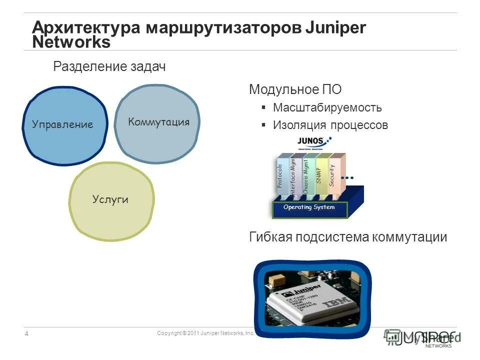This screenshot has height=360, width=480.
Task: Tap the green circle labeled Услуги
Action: click(110, 199)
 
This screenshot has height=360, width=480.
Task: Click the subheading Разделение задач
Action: click(109, 66)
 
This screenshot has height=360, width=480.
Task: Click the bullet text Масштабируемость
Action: click(327, 107)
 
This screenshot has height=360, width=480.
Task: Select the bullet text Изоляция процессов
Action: click(330, 124)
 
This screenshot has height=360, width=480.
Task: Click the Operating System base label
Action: click(309, 207)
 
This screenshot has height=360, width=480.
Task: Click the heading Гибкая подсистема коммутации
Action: click(348, 237)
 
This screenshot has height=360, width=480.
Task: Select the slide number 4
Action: click(26, 333)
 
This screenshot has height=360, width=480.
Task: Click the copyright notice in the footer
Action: click(205, 333)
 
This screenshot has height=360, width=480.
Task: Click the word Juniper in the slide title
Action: click(335, 27)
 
